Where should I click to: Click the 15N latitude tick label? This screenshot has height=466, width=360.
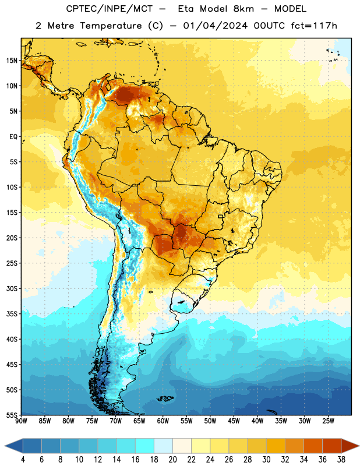pyautogui.click(x=12, y=61)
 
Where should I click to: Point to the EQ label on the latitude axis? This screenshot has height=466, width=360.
pyautogui.click(x=13, y=137)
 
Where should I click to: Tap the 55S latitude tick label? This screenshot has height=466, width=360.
pyautogui.click(x=12, y=415)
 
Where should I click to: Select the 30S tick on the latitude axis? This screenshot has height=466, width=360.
pyautogui.click(x=12, y=288)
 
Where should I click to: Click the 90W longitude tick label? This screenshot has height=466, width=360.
pyautogui.click(x=21, y=421)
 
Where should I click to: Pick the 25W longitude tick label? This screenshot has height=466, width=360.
pyautogui.click(x=328, y=421)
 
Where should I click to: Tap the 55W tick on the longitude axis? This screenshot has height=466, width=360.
pyautogui.click(x=186, y=421)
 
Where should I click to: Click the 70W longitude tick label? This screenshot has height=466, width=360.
pyautogui.click(x=116, y=421)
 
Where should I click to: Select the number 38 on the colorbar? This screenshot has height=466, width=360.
pyautogui.click(x=341, y=460)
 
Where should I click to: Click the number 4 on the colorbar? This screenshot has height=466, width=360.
pyautogui.click(x=23, y=460)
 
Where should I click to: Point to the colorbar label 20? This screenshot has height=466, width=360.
pyautogui.click(x=172, y=460)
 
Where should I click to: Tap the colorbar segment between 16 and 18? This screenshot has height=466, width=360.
pyautogui.click(x=145, y=446)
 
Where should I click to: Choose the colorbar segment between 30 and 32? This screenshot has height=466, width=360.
pyautogui.click(x=276, y=446)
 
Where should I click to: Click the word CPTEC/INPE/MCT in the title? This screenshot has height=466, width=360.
pyautogui.click(x=109, y=9)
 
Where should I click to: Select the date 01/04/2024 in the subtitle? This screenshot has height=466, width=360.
pyautogui.click(x=215, y=26)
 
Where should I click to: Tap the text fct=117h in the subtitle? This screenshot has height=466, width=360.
pyautogui.click(x=314, y=26)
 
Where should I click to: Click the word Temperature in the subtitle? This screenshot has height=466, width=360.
pyautogui.click(x=111, y=26)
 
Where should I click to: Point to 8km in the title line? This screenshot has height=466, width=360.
pyautogui.click(x=243, y=9)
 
